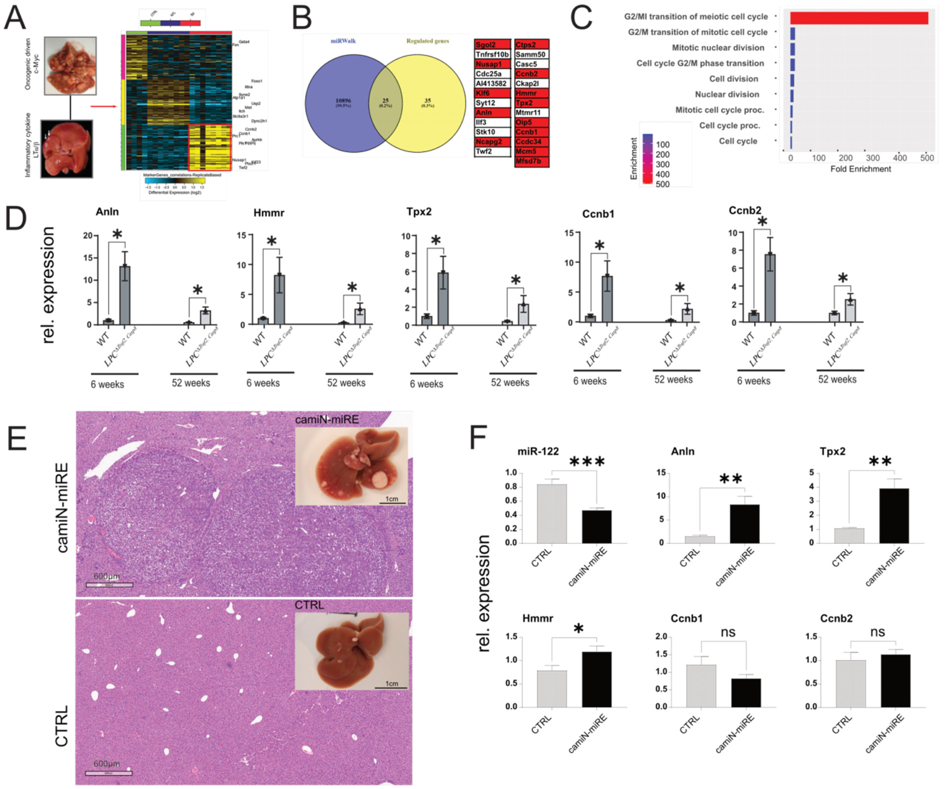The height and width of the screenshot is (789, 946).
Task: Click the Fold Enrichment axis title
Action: click(861, 169)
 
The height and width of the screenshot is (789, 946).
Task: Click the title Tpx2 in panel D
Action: click(419, 212)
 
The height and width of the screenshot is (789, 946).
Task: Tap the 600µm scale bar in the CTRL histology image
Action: click(109, 773)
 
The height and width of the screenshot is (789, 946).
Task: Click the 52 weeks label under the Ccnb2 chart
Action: click(837, 379)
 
